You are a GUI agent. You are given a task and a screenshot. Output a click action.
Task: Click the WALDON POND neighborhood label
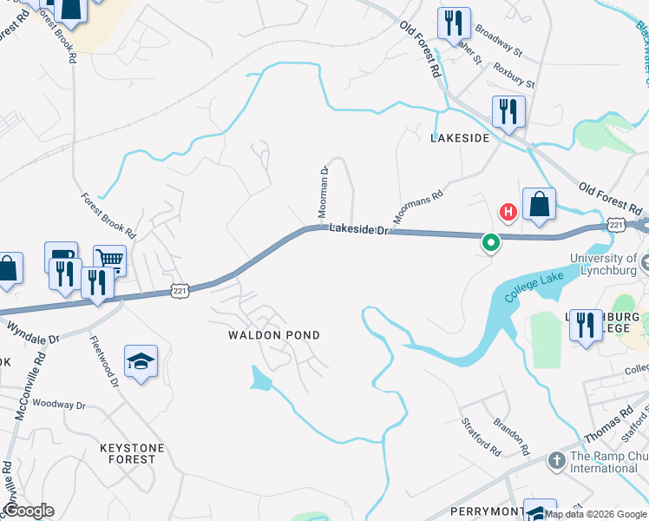tap(274, 335)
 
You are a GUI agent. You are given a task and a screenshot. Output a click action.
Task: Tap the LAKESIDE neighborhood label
tap(461, 138)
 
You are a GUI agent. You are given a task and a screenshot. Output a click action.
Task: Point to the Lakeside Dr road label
tap(361, 228)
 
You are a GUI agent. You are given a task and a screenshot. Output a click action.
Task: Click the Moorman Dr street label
tap(322, 191)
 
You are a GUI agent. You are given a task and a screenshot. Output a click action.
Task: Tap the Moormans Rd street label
tap(418, 206)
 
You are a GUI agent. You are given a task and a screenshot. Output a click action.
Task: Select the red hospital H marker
tap(508, 211)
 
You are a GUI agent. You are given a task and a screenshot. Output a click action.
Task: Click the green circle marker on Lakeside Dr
tap(490, 243)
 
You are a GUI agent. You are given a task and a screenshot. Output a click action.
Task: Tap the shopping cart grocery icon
tap(109, 258)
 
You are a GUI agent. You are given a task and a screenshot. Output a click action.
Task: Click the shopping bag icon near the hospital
tap(539, 205)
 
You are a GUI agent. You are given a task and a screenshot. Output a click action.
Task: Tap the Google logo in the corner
tap(29, 511)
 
